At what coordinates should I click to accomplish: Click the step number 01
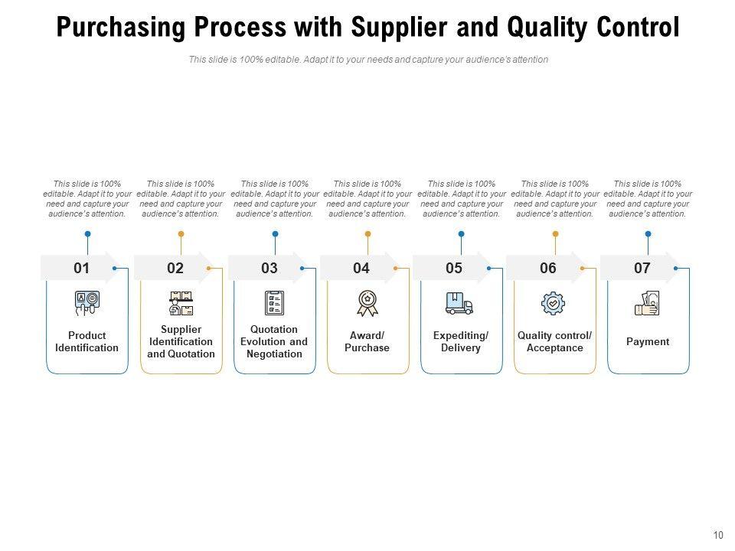tap(82, 268)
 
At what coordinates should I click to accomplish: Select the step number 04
tap(361, 268)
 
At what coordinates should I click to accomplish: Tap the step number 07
tap(642, 268)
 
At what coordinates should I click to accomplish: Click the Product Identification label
tap(87, 341)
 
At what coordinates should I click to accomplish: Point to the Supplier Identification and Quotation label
tap(181, 341)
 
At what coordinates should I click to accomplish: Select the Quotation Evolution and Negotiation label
tap(274, 341)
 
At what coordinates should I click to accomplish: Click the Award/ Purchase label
tap(367, 341)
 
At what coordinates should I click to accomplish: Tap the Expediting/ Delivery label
tap(461, 341)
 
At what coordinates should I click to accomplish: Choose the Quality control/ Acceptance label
tap(554, 341)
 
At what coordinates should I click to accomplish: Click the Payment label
tap(648, 341)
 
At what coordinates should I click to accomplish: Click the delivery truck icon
tap(459, 303)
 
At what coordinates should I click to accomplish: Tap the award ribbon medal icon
tap(367, 303)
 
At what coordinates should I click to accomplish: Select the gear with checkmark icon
tap(553, 303)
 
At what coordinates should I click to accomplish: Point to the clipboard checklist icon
tap(274, 303)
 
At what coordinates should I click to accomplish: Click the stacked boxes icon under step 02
tap(181, 303)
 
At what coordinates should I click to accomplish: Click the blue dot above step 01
tap(87, 233)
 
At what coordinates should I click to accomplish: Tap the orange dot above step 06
tap(555, 233)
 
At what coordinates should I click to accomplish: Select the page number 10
tap(717, 535)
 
